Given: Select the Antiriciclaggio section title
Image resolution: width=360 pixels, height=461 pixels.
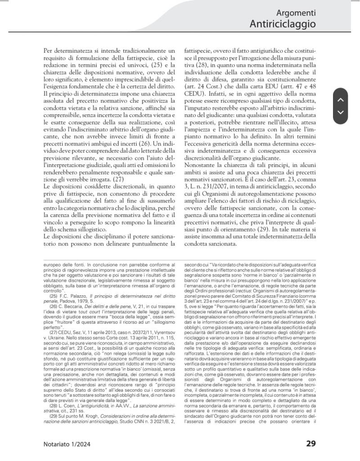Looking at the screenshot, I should point(283,24).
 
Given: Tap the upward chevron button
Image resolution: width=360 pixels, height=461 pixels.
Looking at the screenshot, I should point(340,99).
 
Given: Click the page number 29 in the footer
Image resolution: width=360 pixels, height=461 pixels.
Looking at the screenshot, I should point(311,443).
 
